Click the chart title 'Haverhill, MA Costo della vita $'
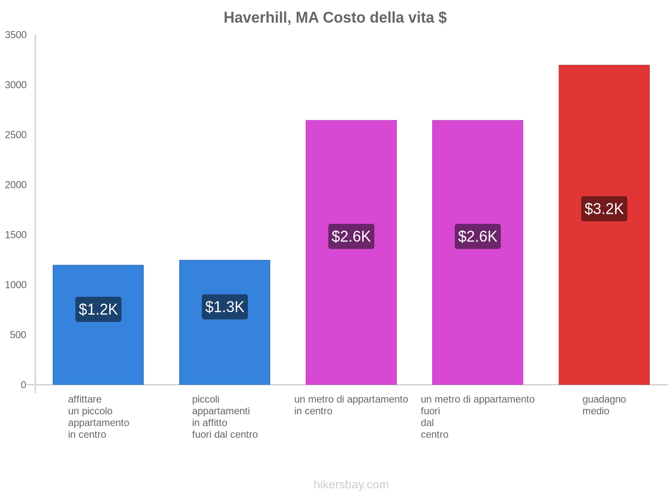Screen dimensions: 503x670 (335, 18)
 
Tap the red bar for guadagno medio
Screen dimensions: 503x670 (604, 293)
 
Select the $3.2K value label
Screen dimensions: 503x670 (604, 209)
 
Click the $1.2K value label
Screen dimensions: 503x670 (98, 309)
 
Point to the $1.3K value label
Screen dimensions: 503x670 (225, 307)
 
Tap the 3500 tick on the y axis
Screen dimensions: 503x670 (16, 35)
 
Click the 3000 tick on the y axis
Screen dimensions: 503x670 (16, 85)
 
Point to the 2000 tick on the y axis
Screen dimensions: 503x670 (16, 185)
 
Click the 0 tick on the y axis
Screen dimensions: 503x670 (23, 385)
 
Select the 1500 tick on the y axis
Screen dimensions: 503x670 (16, 235)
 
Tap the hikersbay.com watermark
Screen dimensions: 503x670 (351, 485)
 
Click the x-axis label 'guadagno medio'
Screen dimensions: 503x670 (604, 405)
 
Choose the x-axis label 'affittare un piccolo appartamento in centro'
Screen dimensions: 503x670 (98, 417)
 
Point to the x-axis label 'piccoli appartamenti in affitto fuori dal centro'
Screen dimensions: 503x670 (225, 417)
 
